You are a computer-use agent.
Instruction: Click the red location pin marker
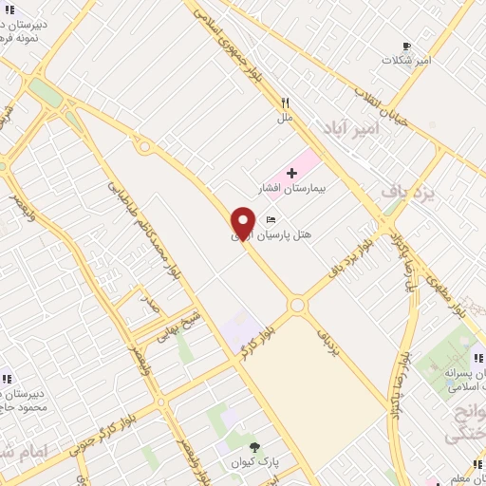click(244, 222)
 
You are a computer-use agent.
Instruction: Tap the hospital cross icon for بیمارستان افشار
click(291, 173)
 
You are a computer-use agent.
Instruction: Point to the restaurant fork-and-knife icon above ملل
click(284, 103)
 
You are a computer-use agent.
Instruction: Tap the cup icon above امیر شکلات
click(406, 46)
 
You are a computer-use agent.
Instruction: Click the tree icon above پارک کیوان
click(253, 447)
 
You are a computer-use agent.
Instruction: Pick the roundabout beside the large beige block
click(297, 306)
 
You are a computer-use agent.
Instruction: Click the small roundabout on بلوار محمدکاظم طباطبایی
click(143, 146)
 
